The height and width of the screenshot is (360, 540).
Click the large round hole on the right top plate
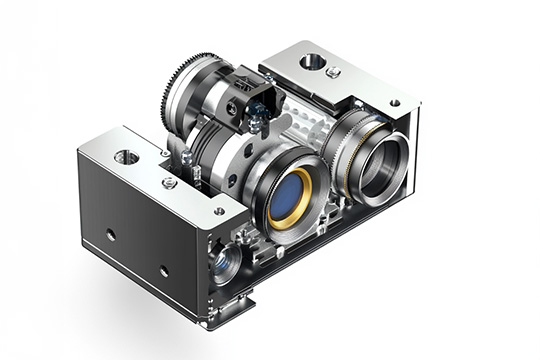[x=312, y=62]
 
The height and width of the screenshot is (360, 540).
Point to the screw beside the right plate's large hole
[x=333, y=72]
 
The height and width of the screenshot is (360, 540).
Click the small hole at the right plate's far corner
[x=395, y=102]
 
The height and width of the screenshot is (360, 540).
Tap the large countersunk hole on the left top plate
[x=127, y=157]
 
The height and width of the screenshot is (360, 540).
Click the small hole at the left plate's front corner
[x=219, y=211]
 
